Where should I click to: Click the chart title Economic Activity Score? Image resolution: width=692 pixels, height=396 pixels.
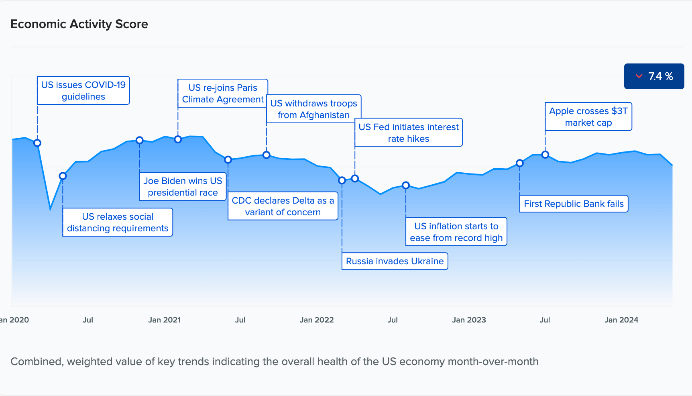click(x=79, y=24)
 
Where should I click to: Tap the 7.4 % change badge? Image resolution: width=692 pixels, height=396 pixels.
click(x=654, y=76)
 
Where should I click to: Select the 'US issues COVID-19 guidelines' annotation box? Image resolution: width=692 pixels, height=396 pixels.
click(x=83, y=90)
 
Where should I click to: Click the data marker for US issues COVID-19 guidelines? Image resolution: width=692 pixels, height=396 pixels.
click(x=37, y=143)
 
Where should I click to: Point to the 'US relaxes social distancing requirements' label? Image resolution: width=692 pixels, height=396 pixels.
click(x=118, y=222)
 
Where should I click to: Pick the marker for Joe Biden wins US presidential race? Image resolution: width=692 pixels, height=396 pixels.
click(x=139, y=140)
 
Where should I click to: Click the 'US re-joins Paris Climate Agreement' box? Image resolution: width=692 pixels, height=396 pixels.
click(x=223, y=93)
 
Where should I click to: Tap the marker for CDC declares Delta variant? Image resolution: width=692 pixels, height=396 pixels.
click(x=228, y=159)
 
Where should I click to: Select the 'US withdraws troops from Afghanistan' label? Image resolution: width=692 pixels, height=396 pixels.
click(x=313, y=109)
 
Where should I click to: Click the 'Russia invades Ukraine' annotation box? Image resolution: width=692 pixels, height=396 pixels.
click(x=395, y=261)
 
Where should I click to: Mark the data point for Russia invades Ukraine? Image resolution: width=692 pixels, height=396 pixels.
click(x=342, y=180)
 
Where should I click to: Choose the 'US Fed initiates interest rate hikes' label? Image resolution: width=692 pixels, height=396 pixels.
click(x=408, y=133)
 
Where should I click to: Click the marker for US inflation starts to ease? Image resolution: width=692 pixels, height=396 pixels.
click(x=406, y=185)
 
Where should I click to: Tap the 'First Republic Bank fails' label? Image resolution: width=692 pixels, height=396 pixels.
click(x=574, y=204)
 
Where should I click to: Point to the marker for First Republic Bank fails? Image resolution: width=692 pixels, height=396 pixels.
click(x=520, y=163)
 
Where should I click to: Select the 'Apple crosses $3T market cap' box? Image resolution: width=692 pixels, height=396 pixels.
click(x=588, y=116)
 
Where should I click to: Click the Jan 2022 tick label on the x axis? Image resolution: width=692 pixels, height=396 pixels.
click(x=317, y=320)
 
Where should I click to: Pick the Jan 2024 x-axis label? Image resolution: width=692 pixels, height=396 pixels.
click(x=621, y=320)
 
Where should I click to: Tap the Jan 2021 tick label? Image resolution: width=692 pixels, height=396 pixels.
click(x=165, y=320)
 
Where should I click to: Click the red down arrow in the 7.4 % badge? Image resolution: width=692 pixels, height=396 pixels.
click(x=639, y=76)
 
